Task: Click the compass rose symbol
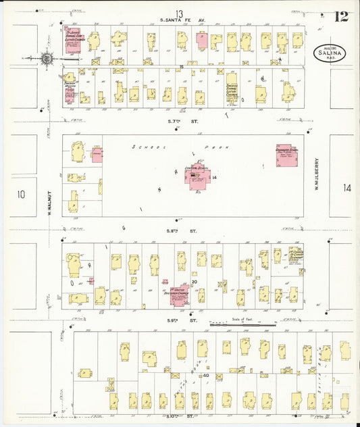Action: [47, 59]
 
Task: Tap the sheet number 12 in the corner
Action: [342, 16]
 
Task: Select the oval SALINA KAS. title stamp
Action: [330, 53]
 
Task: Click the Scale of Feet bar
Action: [242, 324]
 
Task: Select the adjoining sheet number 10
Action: [21, 195]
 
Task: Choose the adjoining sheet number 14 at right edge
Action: [346, 189]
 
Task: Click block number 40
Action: [206, 375]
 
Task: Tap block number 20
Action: [193, 281]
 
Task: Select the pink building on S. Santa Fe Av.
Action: [202, 39]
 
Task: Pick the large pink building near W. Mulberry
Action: [288, 156]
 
